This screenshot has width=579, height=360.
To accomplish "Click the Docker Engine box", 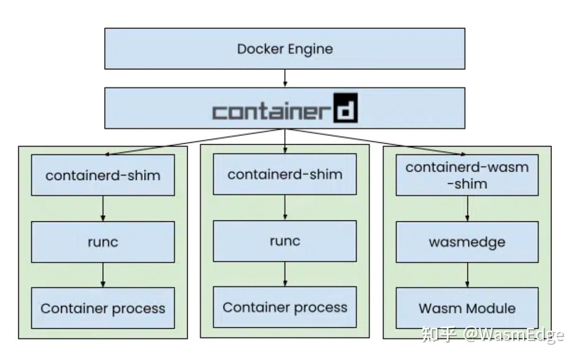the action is (284, 49).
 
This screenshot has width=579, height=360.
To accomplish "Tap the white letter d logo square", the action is (345, 108).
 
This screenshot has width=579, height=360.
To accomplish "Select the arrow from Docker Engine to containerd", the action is (285, 78).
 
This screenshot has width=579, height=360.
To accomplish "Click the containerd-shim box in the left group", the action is (103, 175).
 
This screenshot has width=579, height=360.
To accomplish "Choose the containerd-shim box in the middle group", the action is (284, 174).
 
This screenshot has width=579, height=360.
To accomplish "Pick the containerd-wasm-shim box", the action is (467, 175).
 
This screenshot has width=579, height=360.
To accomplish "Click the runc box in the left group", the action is (103, 242).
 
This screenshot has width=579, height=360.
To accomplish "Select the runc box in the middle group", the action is (284, 241).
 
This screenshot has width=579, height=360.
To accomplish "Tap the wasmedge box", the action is (467, 242).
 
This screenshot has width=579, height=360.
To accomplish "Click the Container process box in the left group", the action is (103, 308).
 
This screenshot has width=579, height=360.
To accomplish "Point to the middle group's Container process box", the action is (284, 307).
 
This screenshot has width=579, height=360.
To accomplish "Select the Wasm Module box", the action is (467, 308).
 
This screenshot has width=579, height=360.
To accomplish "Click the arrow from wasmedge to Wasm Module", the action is (468, 275).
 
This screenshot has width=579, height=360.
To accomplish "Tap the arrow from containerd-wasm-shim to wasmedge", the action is (468, 208).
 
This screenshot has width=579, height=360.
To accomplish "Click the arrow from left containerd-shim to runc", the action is (103, 208).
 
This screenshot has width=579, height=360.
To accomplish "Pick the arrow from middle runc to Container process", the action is (285, 274).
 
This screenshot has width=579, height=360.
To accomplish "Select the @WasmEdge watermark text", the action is (513, 335).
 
